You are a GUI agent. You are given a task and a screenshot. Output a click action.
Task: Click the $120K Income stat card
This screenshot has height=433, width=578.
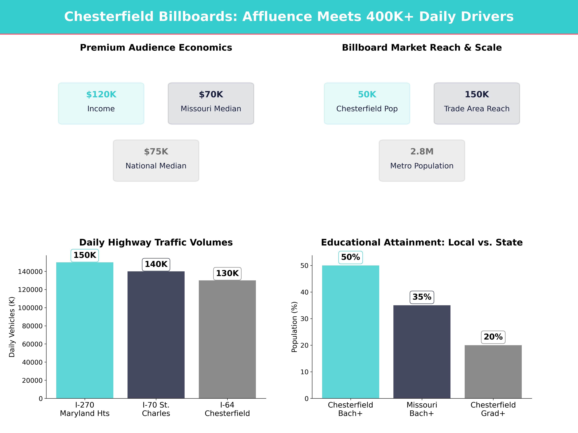click(x=101, y=103)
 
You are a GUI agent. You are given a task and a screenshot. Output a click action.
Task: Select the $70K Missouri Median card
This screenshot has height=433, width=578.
click(x=211, y=103)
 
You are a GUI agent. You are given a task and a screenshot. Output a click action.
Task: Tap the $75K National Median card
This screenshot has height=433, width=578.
click(x=156, y=161)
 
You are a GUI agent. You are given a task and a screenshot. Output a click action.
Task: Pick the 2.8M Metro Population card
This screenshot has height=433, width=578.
click(x=422, y=161)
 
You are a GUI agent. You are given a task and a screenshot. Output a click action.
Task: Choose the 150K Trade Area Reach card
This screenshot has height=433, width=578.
click(x=477, y=103)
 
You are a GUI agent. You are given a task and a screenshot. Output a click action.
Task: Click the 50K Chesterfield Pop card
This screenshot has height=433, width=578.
click(x=367, y=103)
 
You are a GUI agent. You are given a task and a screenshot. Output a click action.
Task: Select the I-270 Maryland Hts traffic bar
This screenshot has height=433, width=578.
click(x=85, y=330)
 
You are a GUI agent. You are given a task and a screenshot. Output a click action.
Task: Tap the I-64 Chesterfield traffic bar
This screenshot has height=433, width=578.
click(x=227, y=339)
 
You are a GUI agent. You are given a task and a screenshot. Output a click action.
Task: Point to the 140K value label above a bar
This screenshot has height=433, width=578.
click(x=156, y=264)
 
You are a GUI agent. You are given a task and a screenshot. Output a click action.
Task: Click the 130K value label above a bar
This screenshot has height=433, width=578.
click(x=227, y=274)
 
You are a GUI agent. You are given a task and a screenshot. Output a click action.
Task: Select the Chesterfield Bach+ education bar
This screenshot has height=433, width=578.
click(x=350, y=332)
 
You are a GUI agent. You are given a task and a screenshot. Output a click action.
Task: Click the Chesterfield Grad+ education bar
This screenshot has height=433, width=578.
click(x=493, y=372)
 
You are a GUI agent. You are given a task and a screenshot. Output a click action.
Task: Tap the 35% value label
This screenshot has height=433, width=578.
click(x=422, y=297)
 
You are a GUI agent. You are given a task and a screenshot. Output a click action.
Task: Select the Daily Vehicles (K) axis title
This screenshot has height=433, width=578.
click(x=12, y=327)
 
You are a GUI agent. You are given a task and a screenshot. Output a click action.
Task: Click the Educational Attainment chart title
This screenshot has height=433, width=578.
click(x=422, y=242)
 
